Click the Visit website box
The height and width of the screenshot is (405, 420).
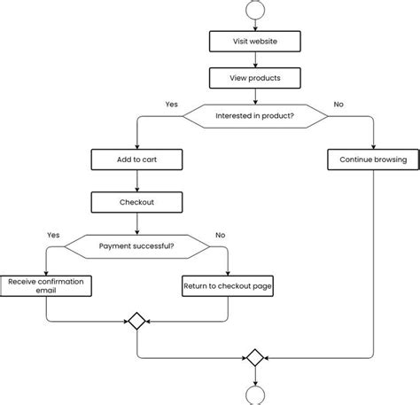pos(255,41)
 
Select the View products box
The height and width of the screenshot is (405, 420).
pos(255,78)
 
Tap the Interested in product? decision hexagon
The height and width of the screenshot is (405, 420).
pos(255,115)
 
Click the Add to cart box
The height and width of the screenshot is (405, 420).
pos(136,160)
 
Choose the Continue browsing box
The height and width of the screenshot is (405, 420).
pos(373,160)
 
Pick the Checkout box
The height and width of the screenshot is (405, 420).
pos(136,203)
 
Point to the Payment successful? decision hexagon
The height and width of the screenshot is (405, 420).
pos(136,246)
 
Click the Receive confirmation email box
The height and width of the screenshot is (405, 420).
pos(45,285)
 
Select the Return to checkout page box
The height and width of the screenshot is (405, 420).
pos(227,285)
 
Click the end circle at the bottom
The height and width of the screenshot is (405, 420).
pos(255,395)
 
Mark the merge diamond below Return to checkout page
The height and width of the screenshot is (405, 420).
pos(136,321)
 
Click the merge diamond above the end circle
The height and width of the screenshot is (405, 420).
pos(255,358)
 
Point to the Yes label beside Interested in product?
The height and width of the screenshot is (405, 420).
pos(171,104)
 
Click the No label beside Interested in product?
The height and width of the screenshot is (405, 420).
pos(338,104)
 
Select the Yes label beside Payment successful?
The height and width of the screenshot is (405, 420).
pos(53,235)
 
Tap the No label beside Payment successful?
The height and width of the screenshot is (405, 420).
pos(221,235)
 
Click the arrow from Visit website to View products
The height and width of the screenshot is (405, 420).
pos(255,59)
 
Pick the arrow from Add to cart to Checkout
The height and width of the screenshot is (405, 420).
pos(136,182)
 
